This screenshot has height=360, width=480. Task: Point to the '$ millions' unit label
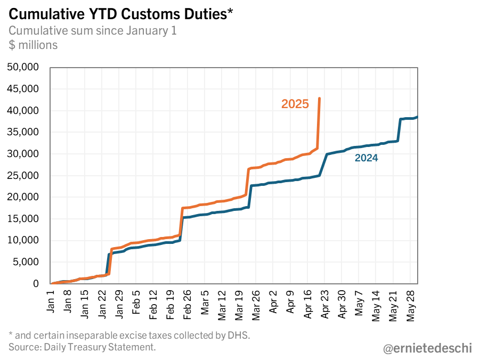pos(33,45)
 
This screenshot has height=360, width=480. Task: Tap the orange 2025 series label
pos(295,104)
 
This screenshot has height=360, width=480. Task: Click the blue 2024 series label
pos(367,158)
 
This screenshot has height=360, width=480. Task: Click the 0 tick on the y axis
pos(36,284)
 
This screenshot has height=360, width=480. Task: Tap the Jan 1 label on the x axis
pos(51,301)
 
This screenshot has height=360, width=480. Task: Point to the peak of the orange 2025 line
pos(319,98)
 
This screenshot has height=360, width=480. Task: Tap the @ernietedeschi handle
pos(427,348)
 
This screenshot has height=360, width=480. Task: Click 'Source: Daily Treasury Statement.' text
pos(82,347)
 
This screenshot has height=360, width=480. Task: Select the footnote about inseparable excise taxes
pos(129,336)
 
